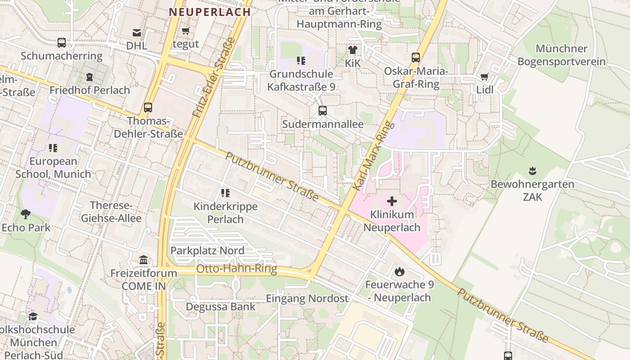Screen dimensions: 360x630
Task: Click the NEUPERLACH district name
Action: pyautogui.click(x=210, y=12)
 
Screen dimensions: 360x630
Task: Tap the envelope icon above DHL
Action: pyautogui.click(x=136, y=32)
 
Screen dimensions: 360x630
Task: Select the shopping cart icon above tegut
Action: pyautogui.click(x=185, y=31)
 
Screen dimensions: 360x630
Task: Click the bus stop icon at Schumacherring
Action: pyautogui.click(x=62, y=43)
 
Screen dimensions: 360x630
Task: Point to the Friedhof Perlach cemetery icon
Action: pyautogui.click(x=89, y=77)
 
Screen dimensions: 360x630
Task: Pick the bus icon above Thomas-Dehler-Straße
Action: pyautogui.click(x=148, y=108)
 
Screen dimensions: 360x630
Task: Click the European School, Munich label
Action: pyautogui.click(x=53, y=167)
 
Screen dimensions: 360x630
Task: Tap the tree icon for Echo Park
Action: pyautogui.click(x=26, y=214)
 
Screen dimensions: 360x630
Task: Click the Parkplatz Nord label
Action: pyautogui.click(x=207, y=251)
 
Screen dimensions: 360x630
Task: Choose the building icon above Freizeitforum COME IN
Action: pyautogui.click(x=144, y=260)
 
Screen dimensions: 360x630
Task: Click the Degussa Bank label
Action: pyautogui.click(x=221, y=307)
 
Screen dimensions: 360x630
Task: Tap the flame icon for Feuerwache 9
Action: pyautogui.click(x=399, y=271)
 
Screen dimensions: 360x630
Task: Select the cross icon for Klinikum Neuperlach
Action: pyautogui.click(x=392, y=201)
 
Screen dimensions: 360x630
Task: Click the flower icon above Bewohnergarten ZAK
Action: pyautogui.click(x=532, y=171)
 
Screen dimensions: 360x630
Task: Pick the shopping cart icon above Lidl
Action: pyautogui.click(x=484, y=77)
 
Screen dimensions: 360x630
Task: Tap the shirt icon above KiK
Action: pyautogui.click(x=352, y=50)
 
